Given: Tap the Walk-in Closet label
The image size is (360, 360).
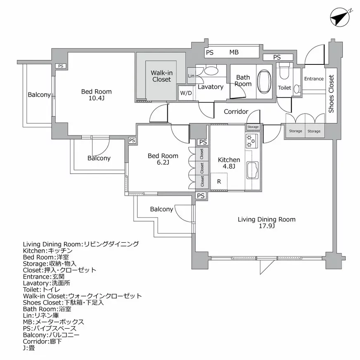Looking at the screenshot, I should (x=161, y=76).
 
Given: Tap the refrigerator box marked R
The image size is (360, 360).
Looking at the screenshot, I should (x=219, y=182).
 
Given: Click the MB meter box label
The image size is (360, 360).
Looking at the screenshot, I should (x=234, y=52).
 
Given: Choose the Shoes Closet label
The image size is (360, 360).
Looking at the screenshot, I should (x=331, y=94).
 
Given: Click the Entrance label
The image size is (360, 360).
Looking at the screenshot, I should (x=314, y=79).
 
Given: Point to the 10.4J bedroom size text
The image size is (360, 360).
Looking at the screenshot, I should (x=96, y=99).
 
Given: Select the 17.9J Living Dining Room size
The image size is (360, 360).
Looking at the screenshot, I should (x=267, y=226).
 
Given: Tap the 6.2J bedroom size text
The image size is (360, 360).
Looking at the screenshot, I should (x=163, y=163).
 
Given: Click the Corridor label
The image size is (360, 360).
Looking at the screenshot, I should (x=236, y=111).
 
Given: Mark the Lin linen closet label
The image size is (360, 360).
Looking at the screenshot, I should (x=191, y=76).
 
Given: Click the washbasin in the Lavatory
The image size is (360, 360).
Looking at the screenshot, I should (x=211, y=71).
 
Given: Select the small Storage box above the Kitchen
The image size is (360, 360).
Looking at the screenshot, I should (x=253, y=127).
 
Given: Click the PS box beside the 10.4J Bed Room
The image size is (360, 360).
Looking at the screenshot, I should (x=61, y=66).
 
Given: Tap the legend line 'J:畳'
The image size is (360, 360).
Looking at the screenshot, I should (x=29, y=348).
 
